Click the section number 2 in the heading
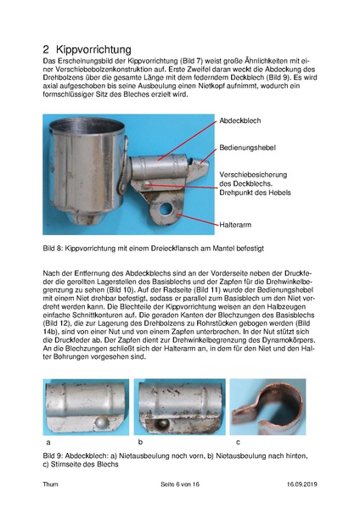pos(48,50)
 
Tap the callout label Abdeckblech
pos(241,122)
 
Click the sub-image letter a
pos(48,442)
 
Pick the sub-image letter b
pos(140,442)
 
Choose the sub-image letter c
pos(237,442)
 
